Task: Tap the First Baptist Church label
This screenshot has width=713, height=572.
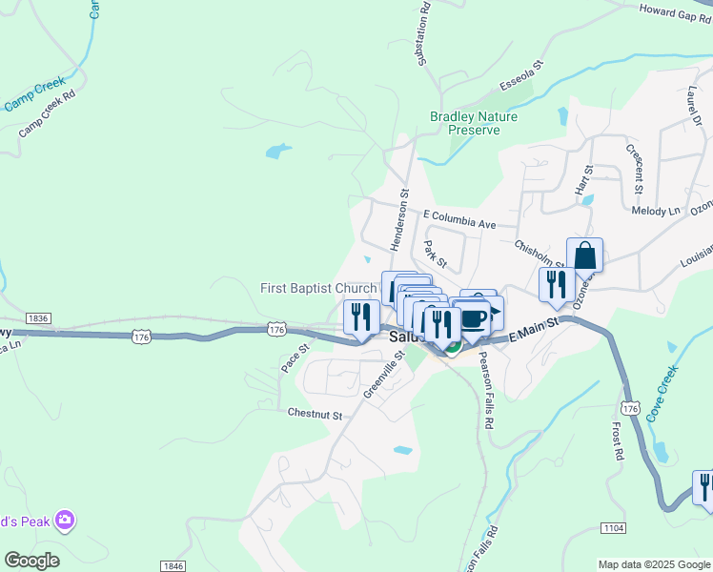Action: (318, 288)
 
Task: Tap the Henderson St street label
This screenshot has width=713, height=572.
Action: (398, 218)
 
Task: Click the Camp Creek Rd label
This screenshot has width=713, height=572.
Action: (46, 113)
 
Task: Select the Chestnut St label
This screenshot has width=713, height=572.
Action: (315, 414)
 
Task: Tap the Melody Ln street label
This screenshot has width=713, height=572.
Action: (656, 210)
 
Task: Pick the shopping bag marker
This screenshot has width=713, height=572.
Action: (584, 256)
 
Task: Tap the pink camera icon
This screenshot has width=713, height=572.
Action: (65, 521)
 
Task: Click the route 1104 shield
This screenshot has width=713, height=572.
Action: (614, 527)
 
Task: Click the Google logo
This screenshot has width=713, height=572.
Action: (31, 561)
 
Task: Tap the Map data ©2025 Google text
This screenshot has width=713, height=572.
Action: (653, 564)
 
